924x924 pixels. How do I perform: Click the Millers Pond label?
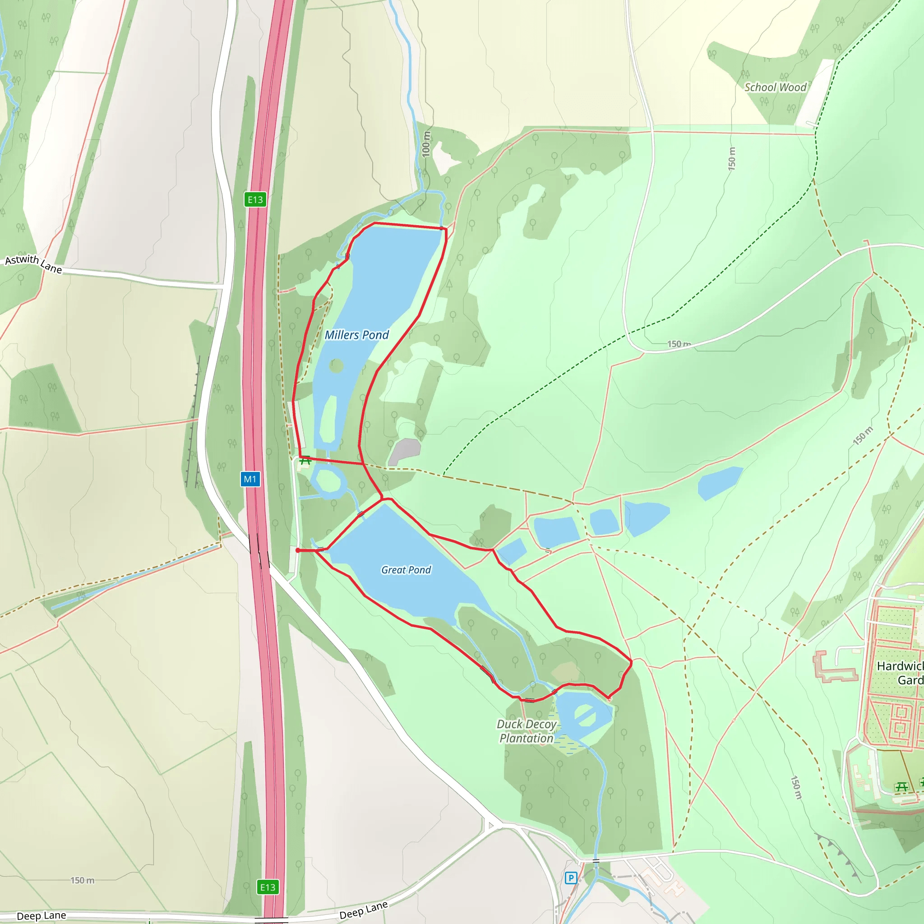click(357, 335)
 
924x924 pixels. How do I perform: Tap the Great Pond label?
click(406, 570)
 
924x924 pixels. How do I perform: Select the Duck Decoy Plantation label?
click(526, 731)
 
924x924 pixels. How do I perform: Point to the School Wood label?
click(775, 87)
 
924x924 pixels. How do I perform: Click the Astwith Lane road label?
click(33, 263)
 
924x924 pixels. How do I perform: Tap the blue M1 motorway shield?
click(250, 479)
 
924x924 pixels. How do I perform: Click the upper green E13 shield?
click(255, 199)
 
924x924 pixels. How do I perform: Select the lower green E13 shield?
click(268, 887)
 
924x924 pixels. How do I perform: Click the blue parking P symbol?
click(571, 878)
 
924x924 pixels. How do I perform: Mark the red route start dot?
click(298, 550)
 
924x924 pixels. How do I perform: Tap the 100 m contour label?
click(426, 144)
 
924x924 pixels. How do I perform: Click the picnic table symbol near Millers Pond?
click(305, 461)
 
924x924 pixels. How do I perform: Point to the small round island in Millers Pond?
click(336, 366)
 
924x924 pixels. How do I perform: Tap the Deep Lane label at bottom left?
click(41, 915)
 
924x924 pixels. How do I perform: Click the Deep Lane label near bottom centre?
click(364, 910)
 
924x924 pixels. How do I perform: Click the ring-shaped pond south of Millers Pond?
click(328, 480)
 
